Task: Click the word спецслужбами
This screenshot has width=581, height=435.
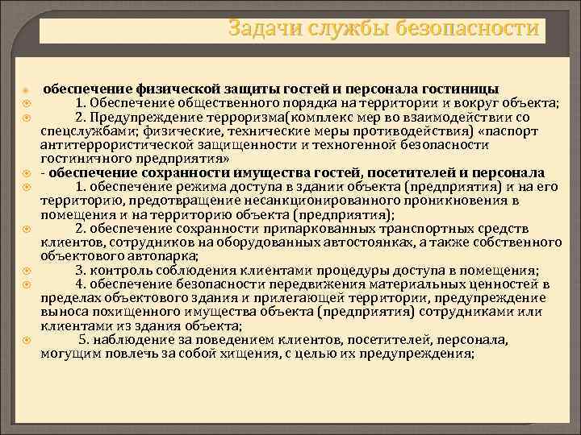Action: coord(82,132)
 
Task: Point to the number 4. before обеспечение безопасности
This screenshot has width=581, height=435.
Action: coord(82,284)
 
